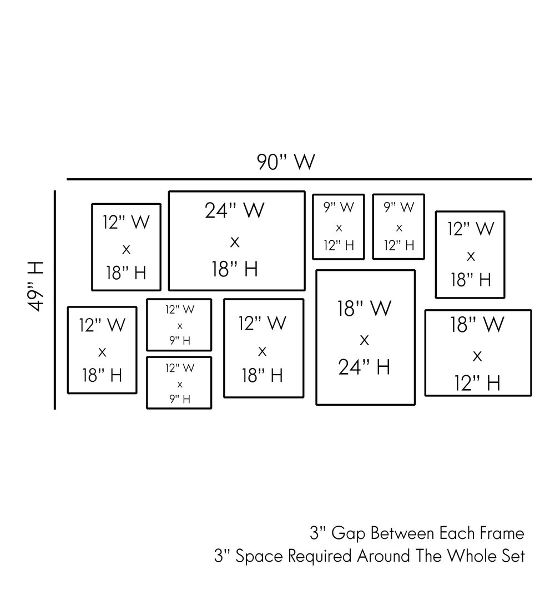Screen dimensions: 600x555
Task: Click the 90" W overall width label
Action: (286, 162)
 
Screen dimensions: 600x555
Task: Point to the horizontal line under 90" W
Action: (299, 179)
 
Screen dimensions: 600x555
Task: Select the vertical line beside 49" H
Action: (55, 300)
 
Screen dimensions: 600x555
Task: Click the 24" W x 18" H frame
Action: (237, 241)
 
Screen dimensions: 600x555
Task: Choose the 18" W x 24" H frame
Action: (365, 337)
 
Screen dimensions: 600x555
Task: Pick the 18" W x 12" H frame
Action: (478, 353)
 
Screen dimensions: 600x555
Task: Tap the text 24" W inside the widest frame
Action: (235, 211)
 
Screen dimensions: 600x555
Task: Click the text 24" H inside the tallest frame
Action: (364, 367)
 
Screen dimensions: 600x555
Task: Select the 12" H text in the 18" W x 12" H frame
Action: (477, 383)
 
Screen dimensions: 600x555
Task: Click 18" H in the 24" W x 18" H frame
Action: (235, 270)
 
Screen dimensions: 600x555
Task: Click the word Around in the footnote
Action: (382, 556)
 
